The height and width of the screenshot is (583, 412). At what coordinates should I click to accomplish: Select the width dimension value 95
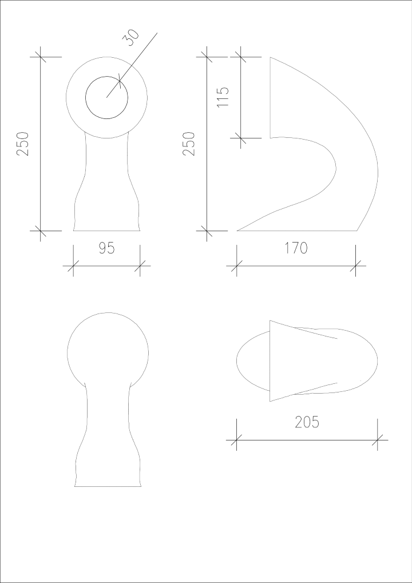106,248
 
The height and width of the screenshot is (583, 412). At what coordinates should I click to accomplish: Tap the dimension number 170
296,248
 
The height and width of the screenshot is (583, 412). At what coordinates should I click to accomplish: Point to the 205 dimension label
307,422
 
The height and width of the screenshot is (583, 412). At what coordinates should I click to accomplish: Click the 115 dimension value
223,97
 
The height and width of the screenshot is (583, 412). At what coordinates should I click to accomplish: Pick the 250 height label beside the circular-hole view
23,144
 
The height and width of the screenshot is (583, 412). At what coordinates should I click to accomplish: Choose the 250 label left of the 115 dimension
189,144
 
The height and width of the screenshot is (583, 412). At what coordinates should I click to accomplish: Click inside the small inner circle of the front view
106,97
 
